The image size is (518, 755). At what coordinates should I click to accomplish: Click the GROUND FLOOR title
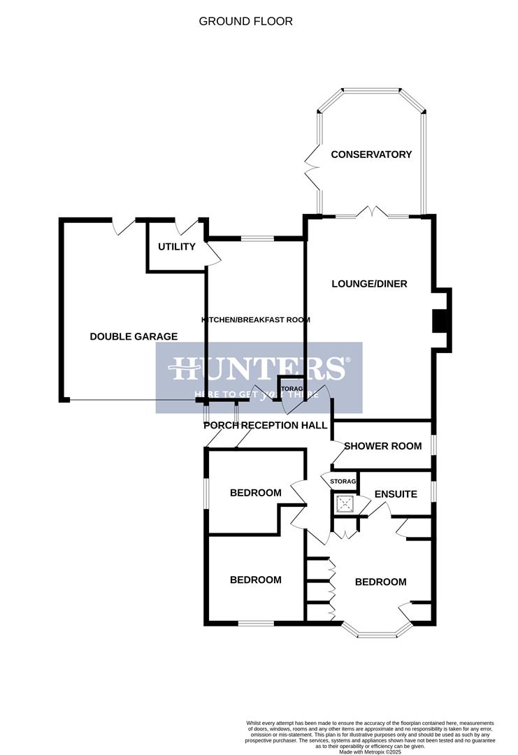click(x=245, y=21)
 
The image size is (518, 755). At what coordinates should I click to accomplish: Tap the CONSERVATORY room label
click(x=371, y=154)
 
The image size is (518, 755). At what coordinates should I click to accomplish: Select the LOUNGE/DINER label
click(x=369, y=284)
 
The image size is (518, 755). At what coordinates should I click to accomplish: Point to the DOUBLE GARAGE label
click(x=134, y=336)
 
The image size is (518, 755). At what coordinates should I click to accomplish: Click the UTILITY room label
click(x=176, y=247)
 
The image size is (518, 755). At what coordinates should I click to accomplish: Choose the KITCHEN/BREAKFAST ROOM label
click(x=255, y=319)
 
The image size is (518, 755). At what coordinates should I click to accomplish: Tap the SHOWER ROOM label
click(x=382, y=446)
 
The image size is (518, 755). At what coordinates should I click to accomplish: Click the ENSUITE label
click(x=396, y=494)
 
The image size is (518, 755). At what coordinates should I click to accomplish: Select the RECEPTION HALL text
click(x=284, y=425)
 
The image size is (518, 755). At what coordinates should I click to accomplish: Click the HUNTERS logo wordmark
click(x=258, y=368)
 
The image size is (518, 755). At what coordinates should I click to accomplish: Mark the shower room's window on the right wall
click(x=433, y=445)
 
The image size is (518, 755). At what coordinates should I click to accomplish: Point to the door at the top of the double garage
click(x=124, y=225)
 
